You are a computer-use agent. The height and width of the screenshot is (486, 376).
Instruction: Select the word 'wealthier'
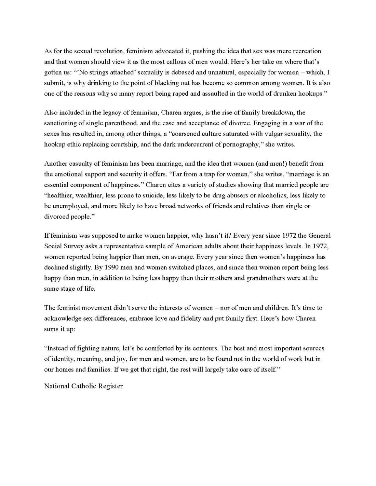pyautogui.click(x=92, y=195)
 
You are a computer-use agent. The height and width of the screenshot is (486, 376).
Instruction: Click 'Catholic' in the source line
pyautogui.click(x=84, y=386)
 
